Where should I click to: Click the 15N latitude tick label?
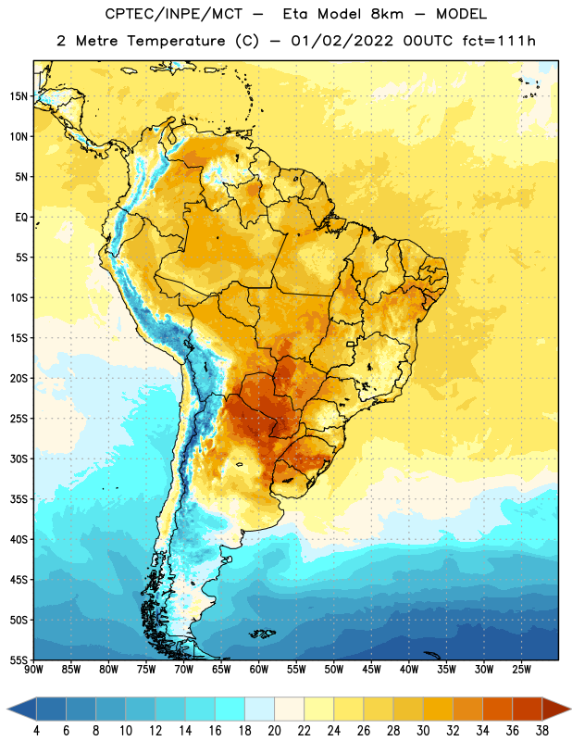pos(19,96)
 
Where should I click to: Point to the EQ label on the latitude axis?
pos(21,218)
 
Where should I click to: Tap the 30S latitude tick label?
pos(19,458)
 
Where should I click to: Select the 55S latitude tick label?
pos(19,660)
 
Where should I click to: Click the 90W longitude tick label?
pos(34,669)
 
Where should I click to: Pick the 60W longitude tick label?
pos(259,669)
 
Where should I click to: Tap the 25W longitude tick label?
pos(521,669)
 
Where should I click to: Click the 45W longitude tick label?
pos(371,669)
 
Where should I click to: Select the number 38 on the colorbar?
pos(542,731)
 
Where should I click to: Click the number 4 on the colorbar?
pos(36,731)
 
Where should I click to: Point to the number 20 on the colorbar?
pos(274,731)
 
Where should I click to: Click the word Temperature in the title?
pos(176,41)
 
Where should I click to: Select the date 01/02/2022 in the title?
pos(342,41)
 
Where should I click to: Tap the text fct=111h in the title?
pos(499,41)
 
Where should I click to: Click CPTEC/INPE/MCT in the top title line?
pos(174,14)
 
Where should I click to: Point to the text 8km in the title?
pos(387,14)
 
